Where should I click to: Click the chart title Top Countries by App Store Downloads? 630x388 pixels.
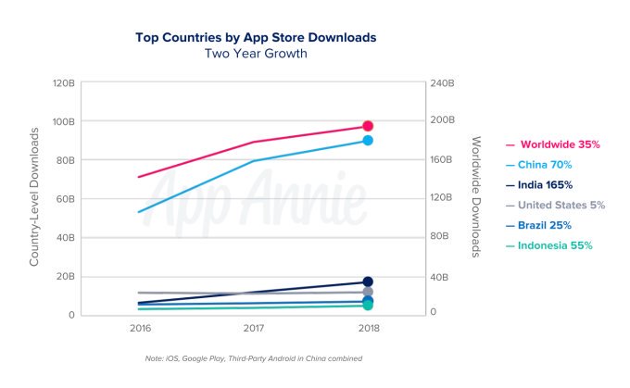coord(256,37)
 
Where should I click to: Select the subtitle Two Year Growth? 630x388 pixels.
coord(256,54)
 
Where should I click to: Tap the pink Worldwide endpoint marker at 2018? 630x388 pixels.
coord(368,126)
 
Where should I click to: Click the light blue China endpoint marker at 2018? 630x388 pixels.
coord(368,140)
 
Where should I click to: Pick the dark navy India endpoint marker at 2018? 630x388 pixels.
coord(368,282)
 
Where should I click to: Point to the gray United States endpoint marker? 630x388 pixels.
coord(368,292)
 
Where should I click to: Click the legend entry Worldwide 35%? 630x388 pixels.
coord(553,144)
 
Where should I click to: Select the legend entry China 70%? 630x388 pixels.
coord(539,165)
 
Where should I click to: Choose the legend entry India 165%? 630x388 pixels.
coord(539,185)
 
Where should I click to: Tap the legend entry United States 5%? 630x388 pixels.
coord(555,206)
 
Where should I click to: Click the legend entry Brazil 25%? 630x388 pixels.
coord(538,225)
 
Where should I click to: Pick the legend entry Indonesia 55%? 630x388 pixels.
coord(548,245)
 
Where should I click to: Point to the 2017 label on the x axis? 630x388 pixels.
coord(254,328)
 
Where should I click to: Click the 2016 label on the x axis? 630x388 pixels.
coord(140,328)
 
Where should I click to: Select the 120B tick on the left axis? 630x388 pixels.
coord(64,83)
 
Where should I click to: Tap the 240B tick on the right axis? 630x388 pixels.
coord(442,83)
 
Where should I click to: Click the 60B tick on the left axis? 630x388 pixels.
coord(64,199)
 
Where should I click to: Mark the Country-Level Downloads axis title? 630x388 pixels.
coord(34,197)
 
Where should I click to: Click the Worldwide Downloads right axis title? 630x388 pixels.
coord(475,197)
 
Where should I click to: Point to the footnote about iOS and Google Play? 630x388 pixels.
coord(254,358)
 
